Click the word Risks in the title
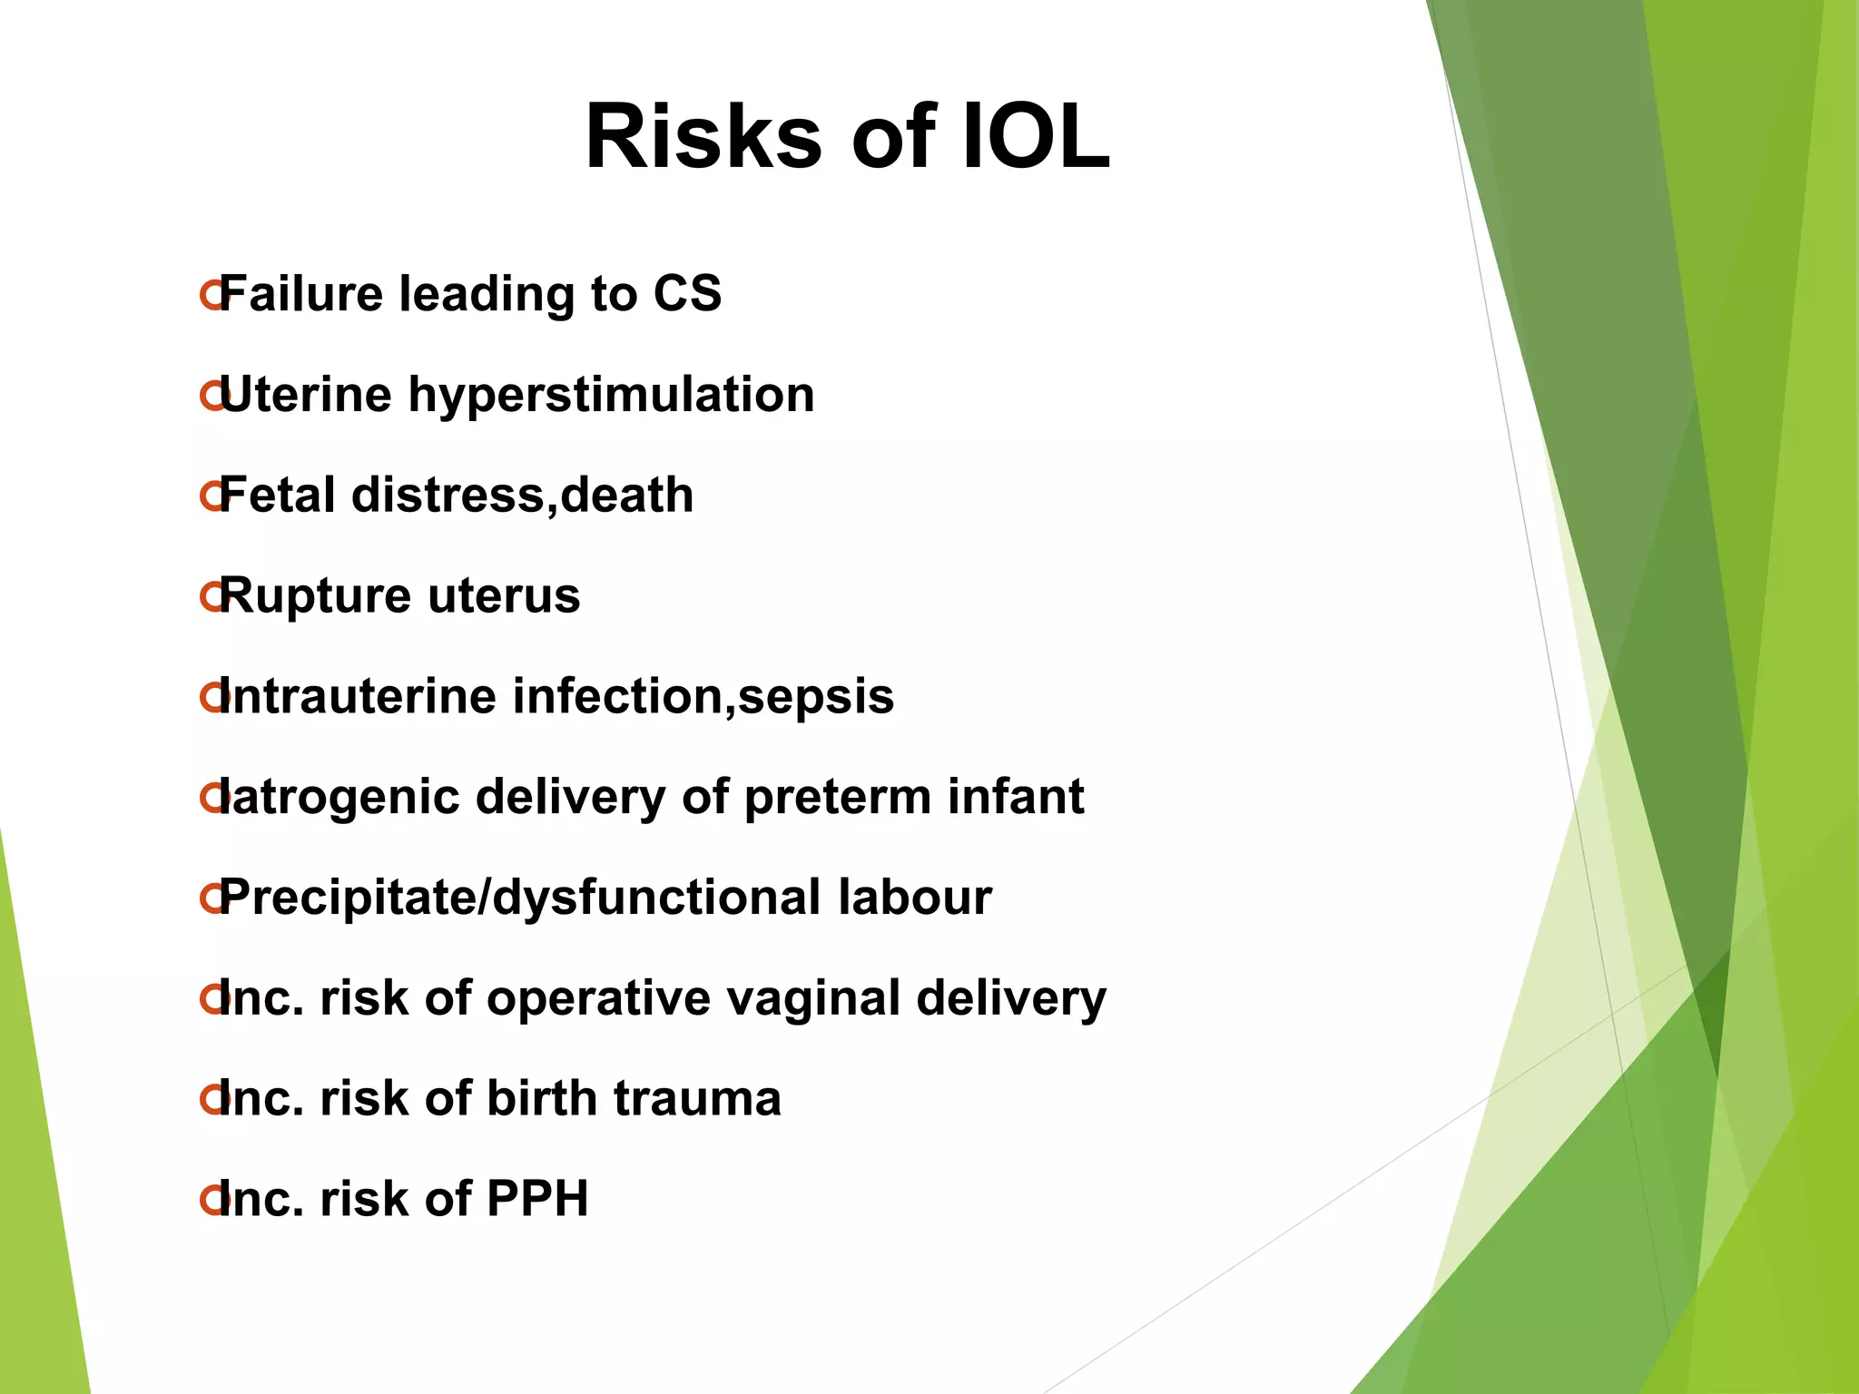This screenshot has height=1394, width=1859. [703, 138]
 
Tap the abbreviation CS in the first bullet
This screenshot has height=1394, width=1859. [687, 294]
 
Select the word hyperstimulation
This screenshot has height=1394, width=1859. [611, 396]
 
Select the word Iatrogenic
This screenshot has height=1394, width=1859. [339, 798]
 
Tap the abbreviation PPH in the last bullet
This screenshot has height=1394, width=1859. [537, 1199]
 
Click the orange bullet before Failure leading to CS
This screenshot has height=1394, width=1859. [211, 295]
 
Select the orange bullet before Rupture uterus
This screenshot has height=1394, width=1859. [211, 597]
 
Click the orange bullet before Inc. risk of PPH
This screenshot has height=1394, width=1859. [211, 1200]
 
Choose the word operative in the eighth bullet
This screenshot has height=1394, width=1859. [599, 998]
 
